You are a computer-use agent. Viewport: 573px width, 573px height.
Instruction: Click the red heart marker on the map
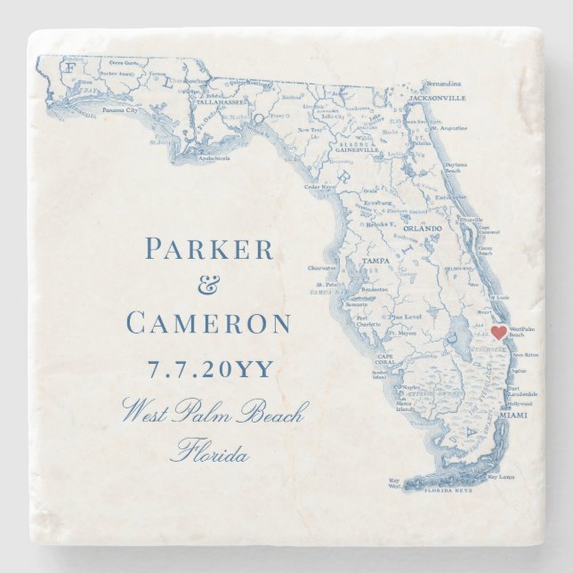click(x=499, y=332)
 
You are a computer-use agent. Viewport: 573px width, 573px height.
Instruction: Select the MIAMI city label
click(x=514, y=416)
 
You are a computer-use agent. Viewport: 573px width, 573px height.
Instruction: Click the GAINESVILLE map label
click(x=358, y=150)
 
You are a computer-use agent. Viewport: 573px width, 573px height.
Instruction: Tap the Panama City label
click(x=119, y=110)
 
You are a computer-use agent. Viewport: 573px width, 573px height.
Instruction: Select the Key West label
click(x=395, y=482)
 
